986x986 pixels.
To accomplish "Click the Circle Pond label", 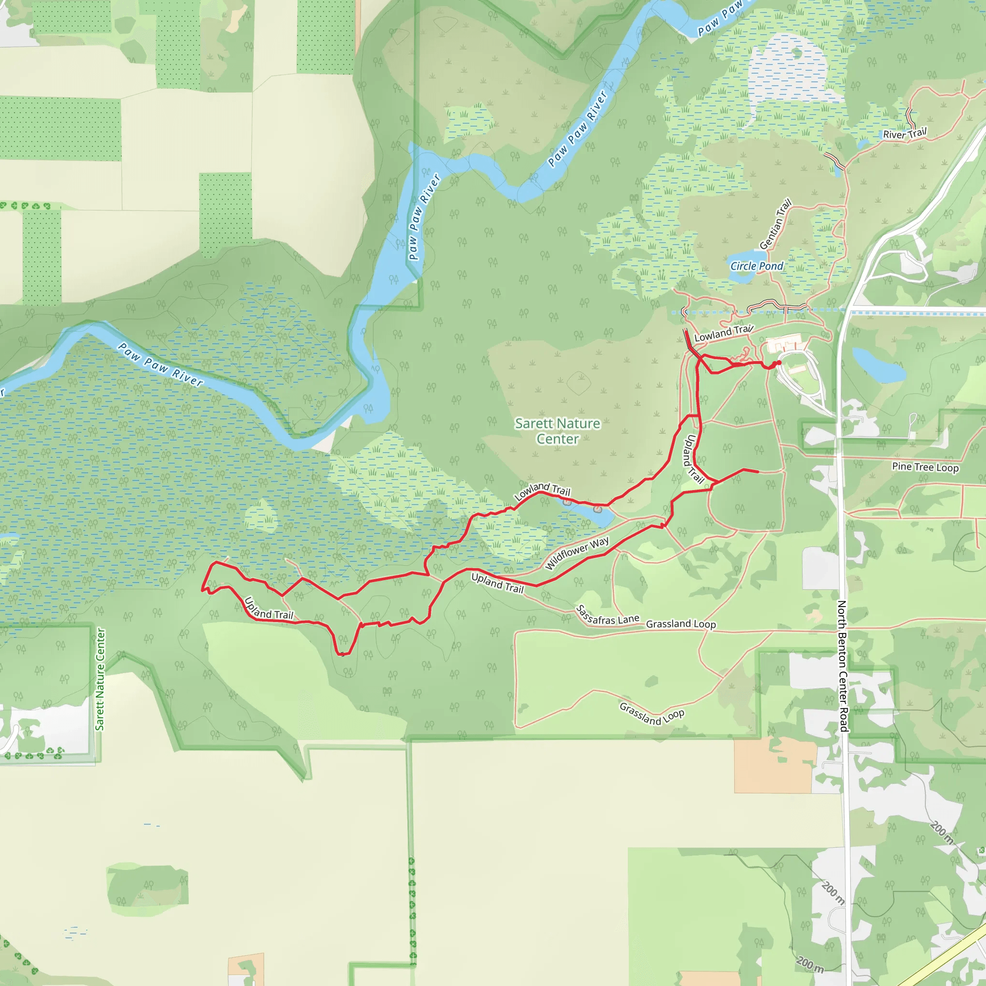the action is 756,266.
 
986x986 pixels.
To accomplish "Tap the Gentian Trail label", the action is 775,224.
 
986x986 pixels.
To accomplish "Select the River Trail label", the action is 904,134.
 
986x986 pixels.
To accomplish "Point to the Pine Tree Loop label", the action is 925,467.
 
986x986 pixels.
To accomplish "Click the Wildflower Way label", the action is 577,553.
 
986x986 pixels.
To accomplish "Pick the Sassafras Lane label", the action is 607,615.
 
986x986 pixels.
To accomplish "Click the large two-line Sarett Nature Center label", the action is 558,431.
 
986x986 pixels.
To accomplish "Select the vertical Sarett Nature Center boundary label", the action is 100,679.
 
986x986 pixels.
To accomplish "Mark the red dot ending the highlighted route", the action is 779,363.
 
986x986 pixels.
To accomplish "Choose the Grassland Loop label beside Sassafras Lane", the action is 681,623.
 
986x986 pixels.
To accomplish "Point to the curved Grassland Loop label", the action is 652,714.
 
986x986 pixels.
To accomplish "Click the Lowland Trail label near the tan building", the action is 723,333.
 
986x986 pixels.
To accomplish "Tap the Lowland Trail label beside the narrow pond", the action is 542,491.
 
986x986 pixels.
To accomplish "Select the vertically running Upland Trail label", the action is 694,459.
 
